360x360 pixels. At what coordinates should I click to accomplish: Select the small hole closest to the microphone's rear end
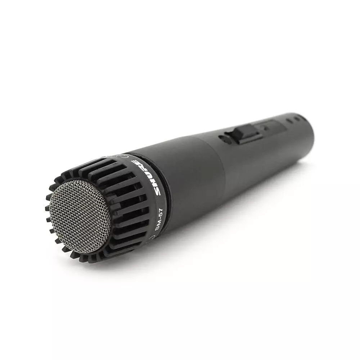click(x=297, y=119)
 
